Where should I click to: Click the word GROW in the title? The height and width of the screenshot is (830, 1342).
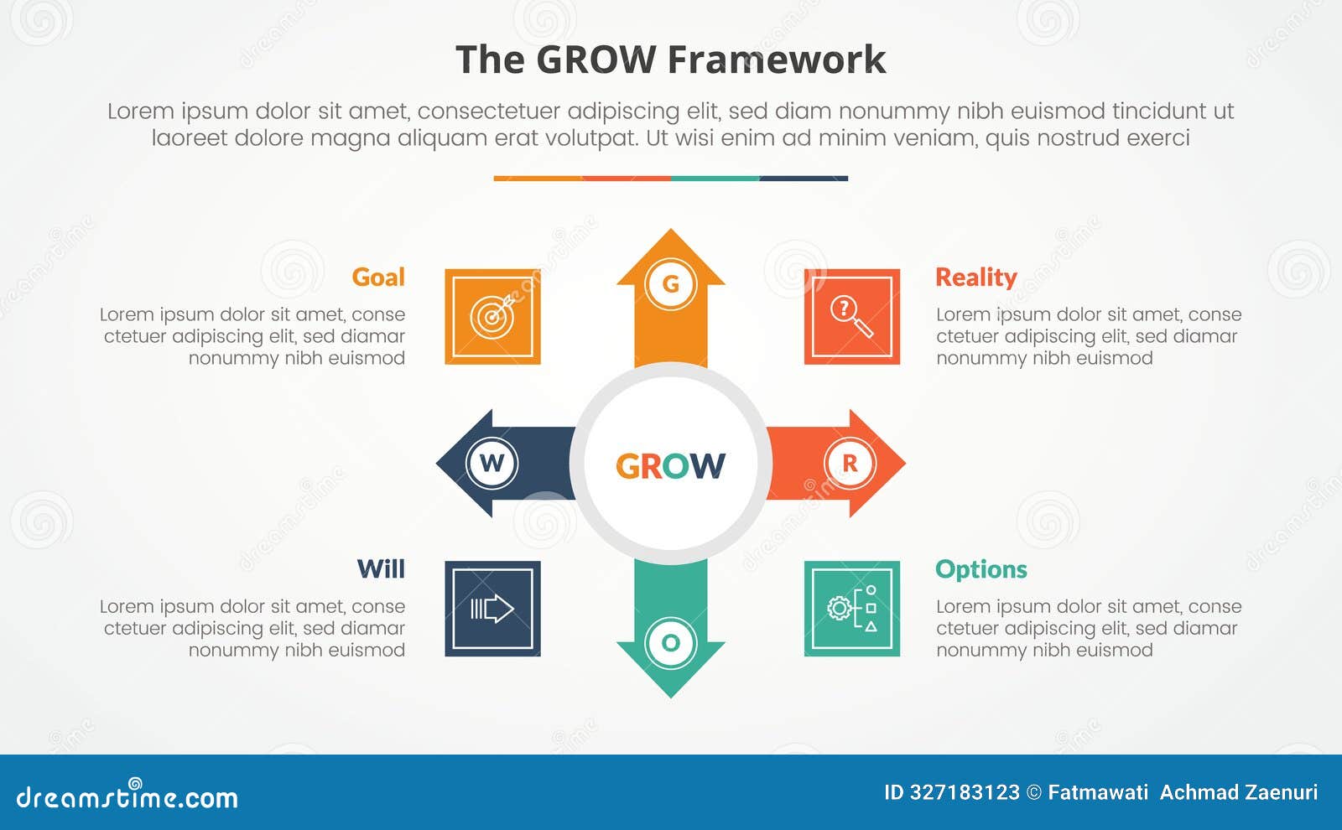coord(596,60)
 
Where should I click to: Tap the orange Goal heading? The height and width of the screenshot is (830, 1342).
coord(378,278)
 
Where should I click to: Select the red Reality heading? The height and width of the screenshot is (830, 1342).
coord(975,278)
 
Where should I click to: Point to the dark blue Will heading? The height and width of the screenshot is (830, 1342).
coord(381,569)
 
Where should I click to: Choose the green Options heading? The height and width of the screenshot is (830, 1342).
coord(980,569)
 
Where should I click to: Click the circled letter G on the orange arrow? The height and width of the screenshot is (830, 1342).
coord(670,284)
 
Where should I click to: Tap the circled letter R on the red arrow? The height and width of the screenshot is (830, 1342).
coord(850,463)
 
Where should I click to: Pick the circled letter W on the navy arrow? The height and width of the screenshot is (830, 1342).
coord(492,463)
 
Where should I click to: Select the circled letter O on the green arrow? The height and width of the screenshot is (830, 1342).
coord(670,643)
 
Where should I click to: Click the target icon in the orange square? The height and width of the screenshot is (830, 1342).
coord(492,316)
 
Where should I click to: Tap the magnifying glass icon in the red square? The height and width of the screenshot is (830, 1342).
coord(851,316)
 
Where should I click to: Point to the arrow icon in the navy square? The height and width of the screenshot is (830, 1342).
coord(492,608)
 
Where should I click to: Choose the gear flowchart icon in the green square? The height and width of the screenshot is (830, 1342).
coord(851,608)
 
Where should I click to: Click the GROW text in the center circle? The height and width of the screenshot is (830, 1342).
coord(670,466)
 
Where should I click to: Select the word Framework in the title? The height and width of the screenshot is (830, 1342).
coord(776,60)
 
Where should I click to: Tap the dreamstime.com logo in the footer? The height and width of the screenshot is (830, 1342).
coord(127,796)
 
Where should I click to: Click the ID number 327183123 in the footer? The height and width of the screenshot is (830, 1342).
coord(965,792)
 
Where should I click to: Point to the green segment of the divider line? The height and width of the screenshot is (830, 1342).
coord(715,179)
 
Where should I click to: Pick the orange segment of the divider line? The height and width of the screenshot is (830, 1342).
coord(538,179)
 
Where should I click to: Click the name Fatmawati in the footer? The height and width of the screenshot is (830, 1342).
coord(1097,792)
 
